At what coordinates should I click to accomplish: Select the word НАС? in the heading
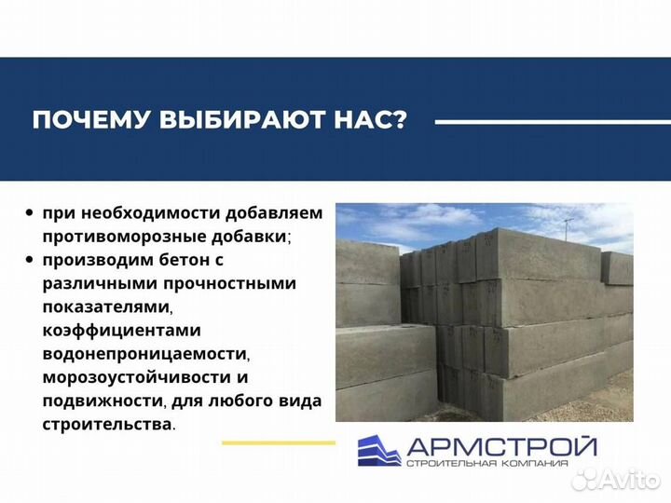373,121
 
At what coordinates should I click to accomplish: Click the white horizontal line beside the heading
541,121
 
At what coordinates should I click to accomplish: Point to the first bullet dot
30,213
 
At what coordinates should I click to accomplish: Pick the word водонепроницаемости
144,354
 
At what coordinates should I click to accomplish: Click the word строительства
106,425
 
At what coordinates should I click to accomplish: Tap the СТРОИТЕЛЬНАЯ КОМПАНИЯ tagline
501,463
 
